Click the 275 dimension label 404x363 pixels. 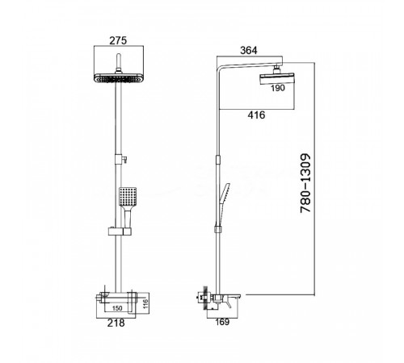[x=118, y=40]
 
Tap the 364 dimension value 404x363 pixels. [x=249, y=51]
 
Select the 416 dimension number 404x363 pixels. [x=256, y=115]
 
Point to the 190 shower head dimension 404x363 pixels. [x=278, y=88]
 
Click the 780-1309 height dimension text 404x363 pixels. [x=305, y=184]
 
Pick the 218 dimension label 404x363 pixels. [x=116, y=323]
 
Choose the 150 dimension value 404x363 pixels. [x=117, y=308]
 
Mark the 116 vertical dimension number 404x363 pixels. [x=145, y=304]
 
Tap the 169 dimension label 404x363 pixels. [x=222, y=322]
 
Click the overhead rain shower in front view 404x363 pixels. [x=119, y=77]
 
